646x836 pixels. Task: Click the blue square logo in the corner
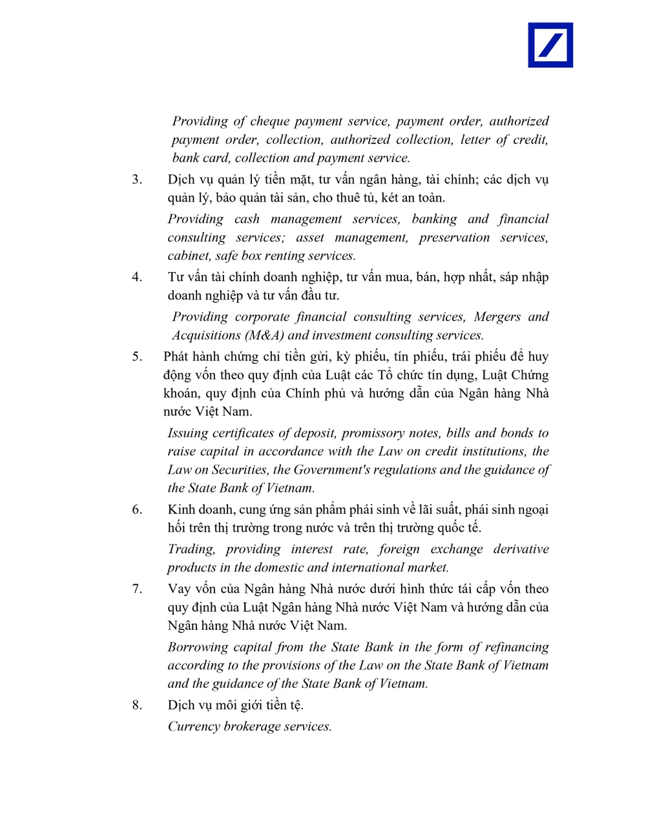click(x=550, y=45)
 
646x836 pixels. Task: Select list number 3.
click(x=137, y=180)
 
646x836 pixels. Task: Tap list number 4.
click(x=137, y=277)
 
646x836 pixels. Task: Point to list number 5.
click(x=137, y=357)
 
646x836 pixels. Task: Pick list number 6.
click(x=137, y=510)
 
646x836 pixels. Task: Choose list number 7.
click(x=137, y=589)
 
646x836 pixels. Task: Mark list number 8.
click(x=137, y=705)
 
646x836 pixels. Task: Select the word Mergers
click(x=497, y=317)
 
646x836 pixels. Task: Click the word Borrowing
click(x=197, y=647)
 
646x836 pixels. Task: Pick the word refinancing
click(x=517, y=647)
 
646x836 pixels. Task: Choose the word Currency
click(x=193, y=727)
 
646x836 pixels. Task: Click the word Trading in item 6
click(x=191, y=549)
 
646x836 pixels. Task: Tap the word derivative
click(x=521, y=549)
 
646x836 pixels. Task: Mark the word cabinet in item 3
click(x=189, y=256)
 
